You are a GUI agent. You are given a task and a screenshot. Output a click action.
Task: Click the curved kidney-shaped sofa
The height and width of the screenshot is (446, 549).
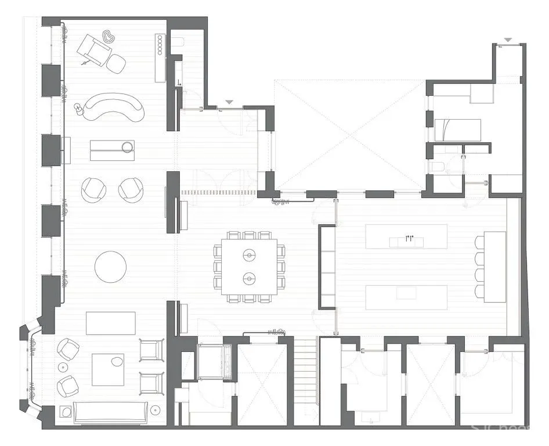click(x=113, y=107)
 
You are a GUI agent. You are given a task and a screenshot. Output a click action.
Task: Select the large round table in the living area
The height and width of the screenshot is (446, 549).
click(x=110, y=267)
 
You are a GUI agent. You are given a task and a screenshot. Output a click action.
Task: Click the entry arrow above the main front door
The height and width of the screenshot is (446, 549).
click(x=229, y=102)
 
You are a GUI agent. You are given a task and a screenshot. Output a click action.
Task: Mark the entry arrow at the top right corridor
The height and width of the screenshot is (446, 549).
click(x=508, y=40)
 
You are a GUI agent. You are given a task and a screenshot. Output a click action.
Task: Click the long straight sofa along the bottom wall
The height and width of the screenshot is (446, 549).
click(x=110, y=413)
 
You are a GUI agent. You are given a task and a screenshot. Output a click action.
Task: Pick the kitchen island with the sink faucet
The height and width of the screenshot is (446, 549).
click(x=406, y=236)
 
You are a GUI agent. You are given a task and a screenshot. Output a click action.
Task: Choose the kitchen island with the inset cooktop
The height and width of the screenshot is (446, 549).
click(x=406, y=297)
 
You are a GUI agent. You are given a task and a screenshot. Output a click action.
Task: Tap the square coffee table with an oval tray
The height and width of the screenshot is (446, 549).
click(x=108, y=369)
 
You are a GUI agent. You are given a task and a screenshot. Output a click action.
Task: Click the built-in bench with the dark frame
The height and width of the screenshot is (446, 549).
click(x=327, y=267)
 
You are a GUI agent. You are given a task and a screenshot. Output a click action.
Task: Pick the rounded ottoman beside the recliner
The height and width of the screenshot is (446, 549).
click(x=117, y=64)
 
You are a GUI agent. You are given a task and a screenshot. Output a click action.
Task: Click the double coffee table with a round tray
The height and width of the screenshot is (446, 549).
click(x=113, y=150)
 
